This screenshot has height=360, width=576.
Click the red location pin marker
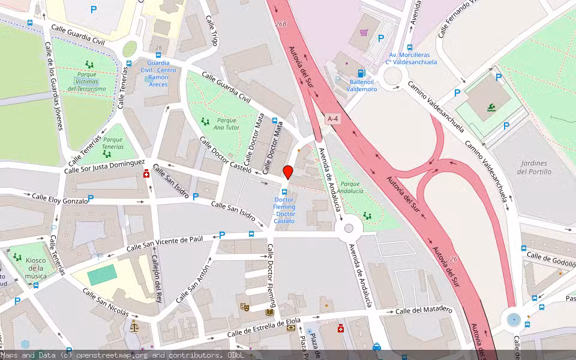[288, 172]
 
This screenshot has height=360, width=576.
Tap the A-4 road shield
[333, 119]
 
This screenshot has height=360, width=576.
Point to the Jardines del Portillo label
[534, 167]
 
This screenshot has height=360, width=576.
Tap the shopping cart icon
[364, 32]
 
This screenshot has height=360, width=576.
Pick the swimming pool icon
[491, 107]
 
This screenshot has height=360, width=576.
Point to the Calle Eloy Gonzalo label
[60, 199]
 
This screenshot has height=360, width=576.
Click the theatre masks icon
[245, 307]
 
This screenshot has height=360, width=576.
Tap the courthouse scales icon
[134, 328]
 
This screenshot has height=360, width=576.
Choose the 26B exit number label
[281, 25]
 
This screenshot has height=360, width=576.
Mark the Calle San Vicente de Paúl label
[173, 243]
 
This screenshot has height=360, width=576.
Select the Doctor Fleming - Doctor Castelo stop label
[284, 210]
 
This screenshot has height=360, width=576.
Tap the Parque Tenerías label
[112, 143]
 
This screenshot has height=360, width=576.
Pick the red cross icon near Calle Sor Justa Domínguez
[146, 175]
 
